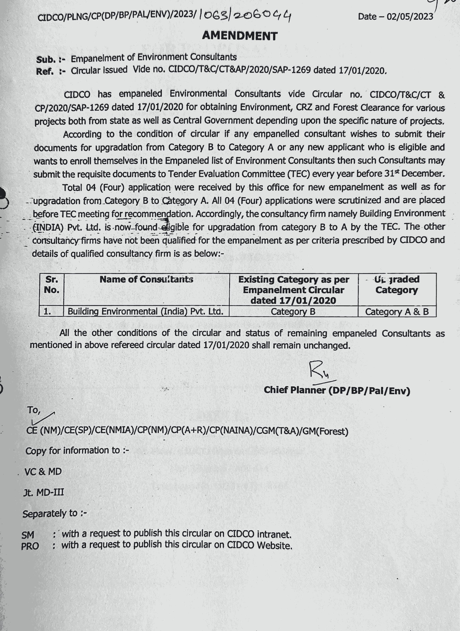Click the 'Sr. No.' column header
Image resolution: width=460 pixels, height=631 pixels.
(52, 285)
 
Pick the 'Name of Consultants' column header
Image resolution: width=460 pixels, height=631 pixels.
(146, 279)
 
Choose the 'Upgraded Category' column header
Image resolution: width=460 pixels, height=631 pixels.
(397, 285)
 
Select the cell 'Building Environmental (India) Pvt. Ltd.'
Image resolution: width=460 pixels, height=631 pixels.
(145, 311)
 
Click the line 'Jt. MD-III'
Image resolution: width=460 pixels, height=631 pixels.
(44, 492)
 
